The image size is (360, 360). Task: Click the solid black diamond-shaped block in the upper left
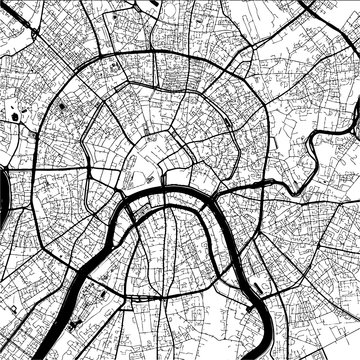pyautogui.click(x=61, y=104)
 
